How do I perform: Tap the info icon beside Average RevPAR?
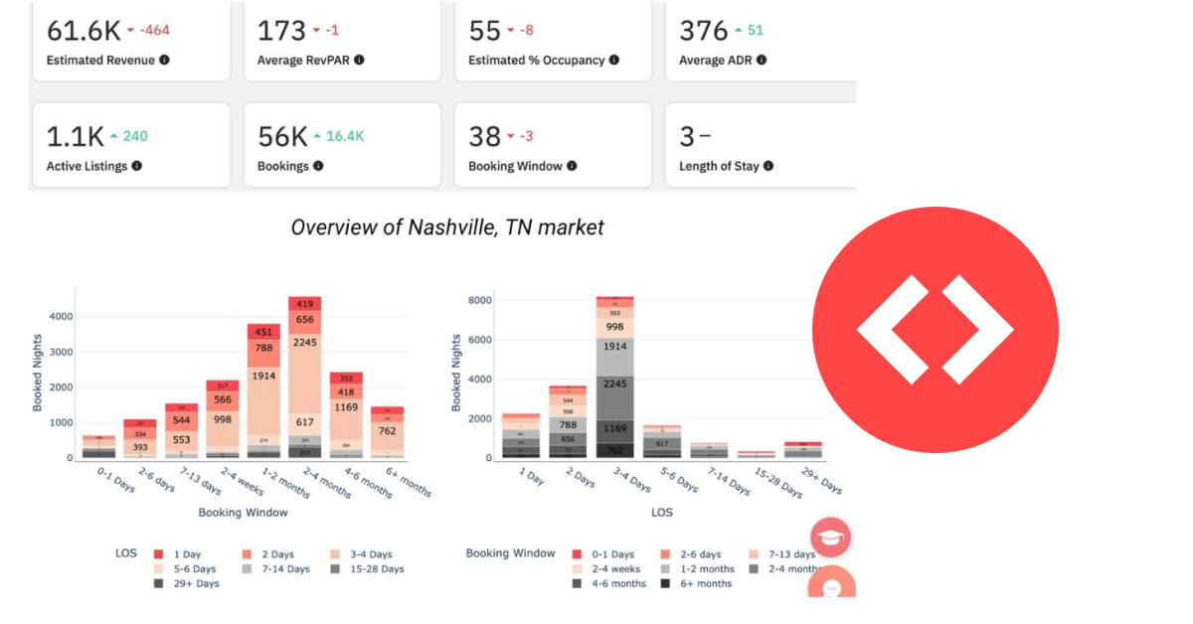point(360,60)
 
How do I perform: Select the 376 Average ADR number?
point(703,30)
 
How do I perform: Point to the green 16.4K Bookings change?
point(344,136)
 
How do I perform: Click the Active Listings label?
point(86,166)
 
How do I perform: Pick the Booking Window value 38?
point(484,136)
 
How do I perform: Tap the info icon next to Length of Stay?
point(768,166)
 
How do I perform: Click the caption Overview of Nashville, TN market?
point(446,228)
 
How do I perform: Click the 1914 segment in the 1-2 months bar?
point(263,377)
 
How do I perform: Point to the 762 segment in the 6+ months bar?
point(387,431)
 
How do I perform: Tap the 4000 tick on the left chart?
point(61,317)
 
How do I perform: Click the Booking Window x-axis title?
point(243,513)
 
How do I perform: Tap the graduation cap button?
point(831,538)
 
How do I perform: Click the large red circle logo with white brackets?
point(935,330)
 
